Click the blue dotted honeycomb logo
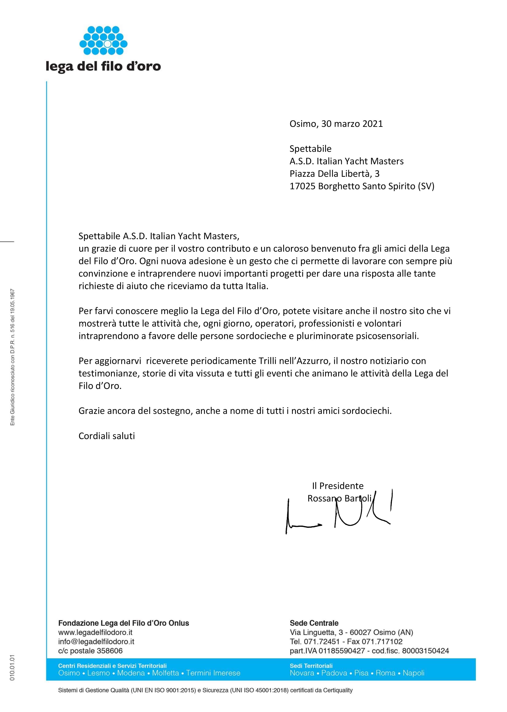tap(103, 41)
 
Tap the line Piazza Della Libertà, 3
tap(334, 174)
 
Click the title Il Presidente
tap(338, 486)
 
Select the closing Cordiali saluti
tap(107, 436)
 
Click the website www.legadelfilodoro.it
tap(95, 632)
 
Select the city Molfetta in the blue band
tap(165, 673)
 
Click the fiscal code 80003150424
tap(426, 651)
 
